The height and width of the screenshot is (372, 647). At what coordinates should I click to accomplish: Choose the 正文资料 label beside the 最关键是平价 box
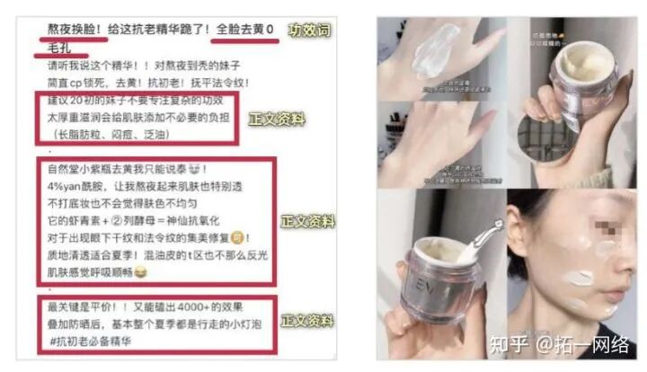coord(306,320)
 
